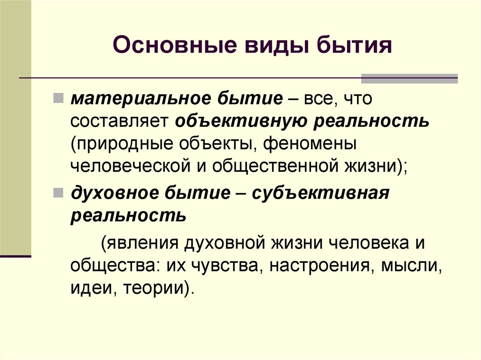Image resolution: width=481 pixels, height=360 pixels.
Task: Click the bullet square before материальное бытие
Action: tap(58, 98)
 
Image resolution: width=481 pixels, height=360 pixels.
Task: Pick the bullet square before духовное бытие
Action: tap(58, 192)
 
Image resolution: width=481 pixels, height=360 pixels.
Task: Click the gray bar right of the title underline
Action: tap(409, 78)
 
